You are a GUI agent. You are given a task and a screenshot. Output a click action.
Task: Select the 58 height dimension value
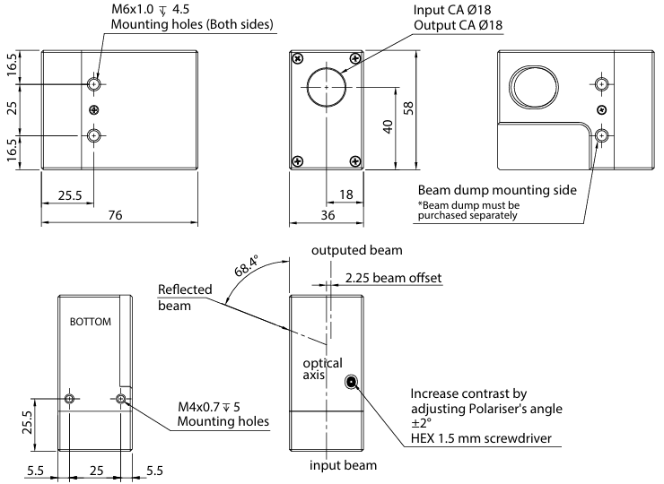pos(409,108)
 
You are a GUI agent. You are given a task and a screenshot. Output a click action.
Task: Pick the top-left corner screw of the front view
pos(296,58)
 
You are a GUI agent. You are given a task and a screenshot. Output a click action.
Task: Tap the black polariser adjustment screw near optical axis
pos(351,383)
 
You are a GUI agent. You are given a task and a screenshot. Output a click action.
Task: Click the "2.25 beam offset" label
pos(394,278)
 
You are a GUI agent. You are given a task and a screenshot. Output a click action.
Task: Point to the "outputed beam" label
pos(356,250)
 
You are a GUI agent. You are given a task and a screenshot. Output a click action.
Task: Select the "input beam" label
pos(344,465)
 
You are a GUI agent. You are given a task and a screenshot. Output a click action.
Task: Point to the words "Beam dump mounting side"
pos(497,190)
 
